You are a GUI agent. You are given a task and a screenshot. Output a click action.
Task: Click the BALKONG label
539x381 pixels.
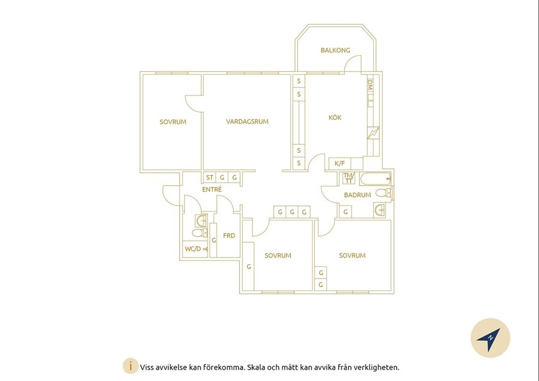[335, 50]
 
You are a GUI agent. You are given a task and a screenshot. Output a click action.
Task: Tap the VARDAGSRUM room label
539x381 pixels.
[247, 122]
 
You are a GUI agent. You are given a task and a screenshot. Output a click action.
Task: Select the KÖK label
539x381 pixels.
[335, 117]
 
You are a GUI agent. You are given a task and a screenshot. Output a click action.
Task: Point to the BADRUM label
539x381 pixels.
[357, 195]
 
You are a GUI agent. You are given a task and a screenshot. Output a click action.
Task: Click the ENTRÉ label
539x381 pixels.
[212, 189]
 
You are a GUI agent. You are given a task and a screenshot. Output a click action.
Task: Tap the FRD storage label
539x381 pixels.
[229, 235]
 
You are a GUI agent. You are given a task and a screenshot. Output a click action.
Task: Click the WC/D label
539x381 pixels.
[193, 249]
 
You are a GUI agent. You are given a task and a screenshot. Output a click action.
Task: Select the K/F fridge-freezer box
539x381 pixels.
[340, 164]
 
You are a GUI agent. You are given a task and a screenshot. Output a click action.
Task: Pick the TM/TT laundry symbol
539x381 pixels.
[349, 178]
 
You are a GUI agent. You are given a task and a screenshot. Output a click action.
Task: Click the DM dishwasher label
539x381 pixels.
[370, 85]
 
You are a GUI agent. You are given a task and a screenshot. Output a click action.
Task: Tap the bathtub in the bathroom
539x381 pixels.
[376, 179]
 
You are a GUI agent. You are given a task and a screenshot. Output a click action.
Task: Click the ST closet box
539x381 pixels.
[210, 177]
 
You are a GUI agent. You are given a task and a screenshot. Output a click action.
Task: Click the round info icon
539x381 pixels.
[131, 366]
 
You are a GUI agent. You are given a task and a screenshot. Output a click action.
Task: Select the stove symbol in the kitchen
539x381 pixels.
[373, 133]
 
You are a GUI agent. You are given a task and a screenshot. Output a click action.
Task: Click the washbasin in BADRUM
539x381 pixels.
[380, 210]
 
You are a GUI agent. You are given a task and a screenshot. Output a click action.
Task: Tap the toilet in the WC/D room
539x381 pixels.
[199, 233]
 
